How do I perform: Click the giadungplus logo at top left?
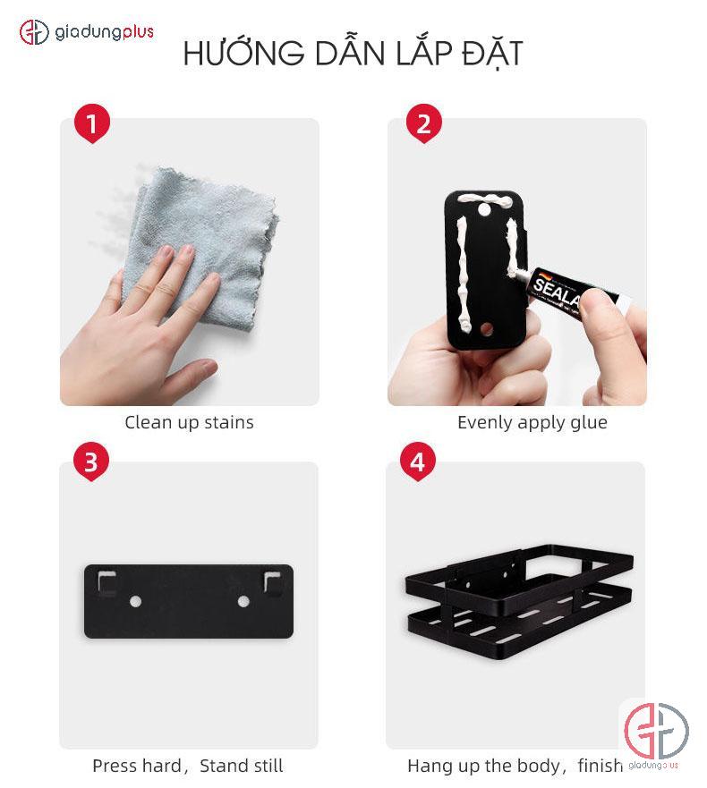86,32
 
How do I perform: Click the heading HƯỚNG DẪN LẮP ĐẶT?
353,54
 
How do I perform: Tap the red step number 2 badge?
423,123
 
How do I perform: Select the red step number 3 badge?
91,462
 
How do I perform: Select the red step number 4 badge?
418,462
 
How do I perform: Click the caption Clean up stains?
189,422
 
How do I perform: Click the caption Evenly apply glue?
532,422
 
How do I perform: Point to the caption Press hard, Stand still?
188,766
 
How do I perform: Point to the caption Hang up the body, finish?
515,766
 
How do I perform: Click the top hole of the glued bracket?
484,211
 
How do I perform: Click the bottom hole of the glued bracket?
485,329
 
